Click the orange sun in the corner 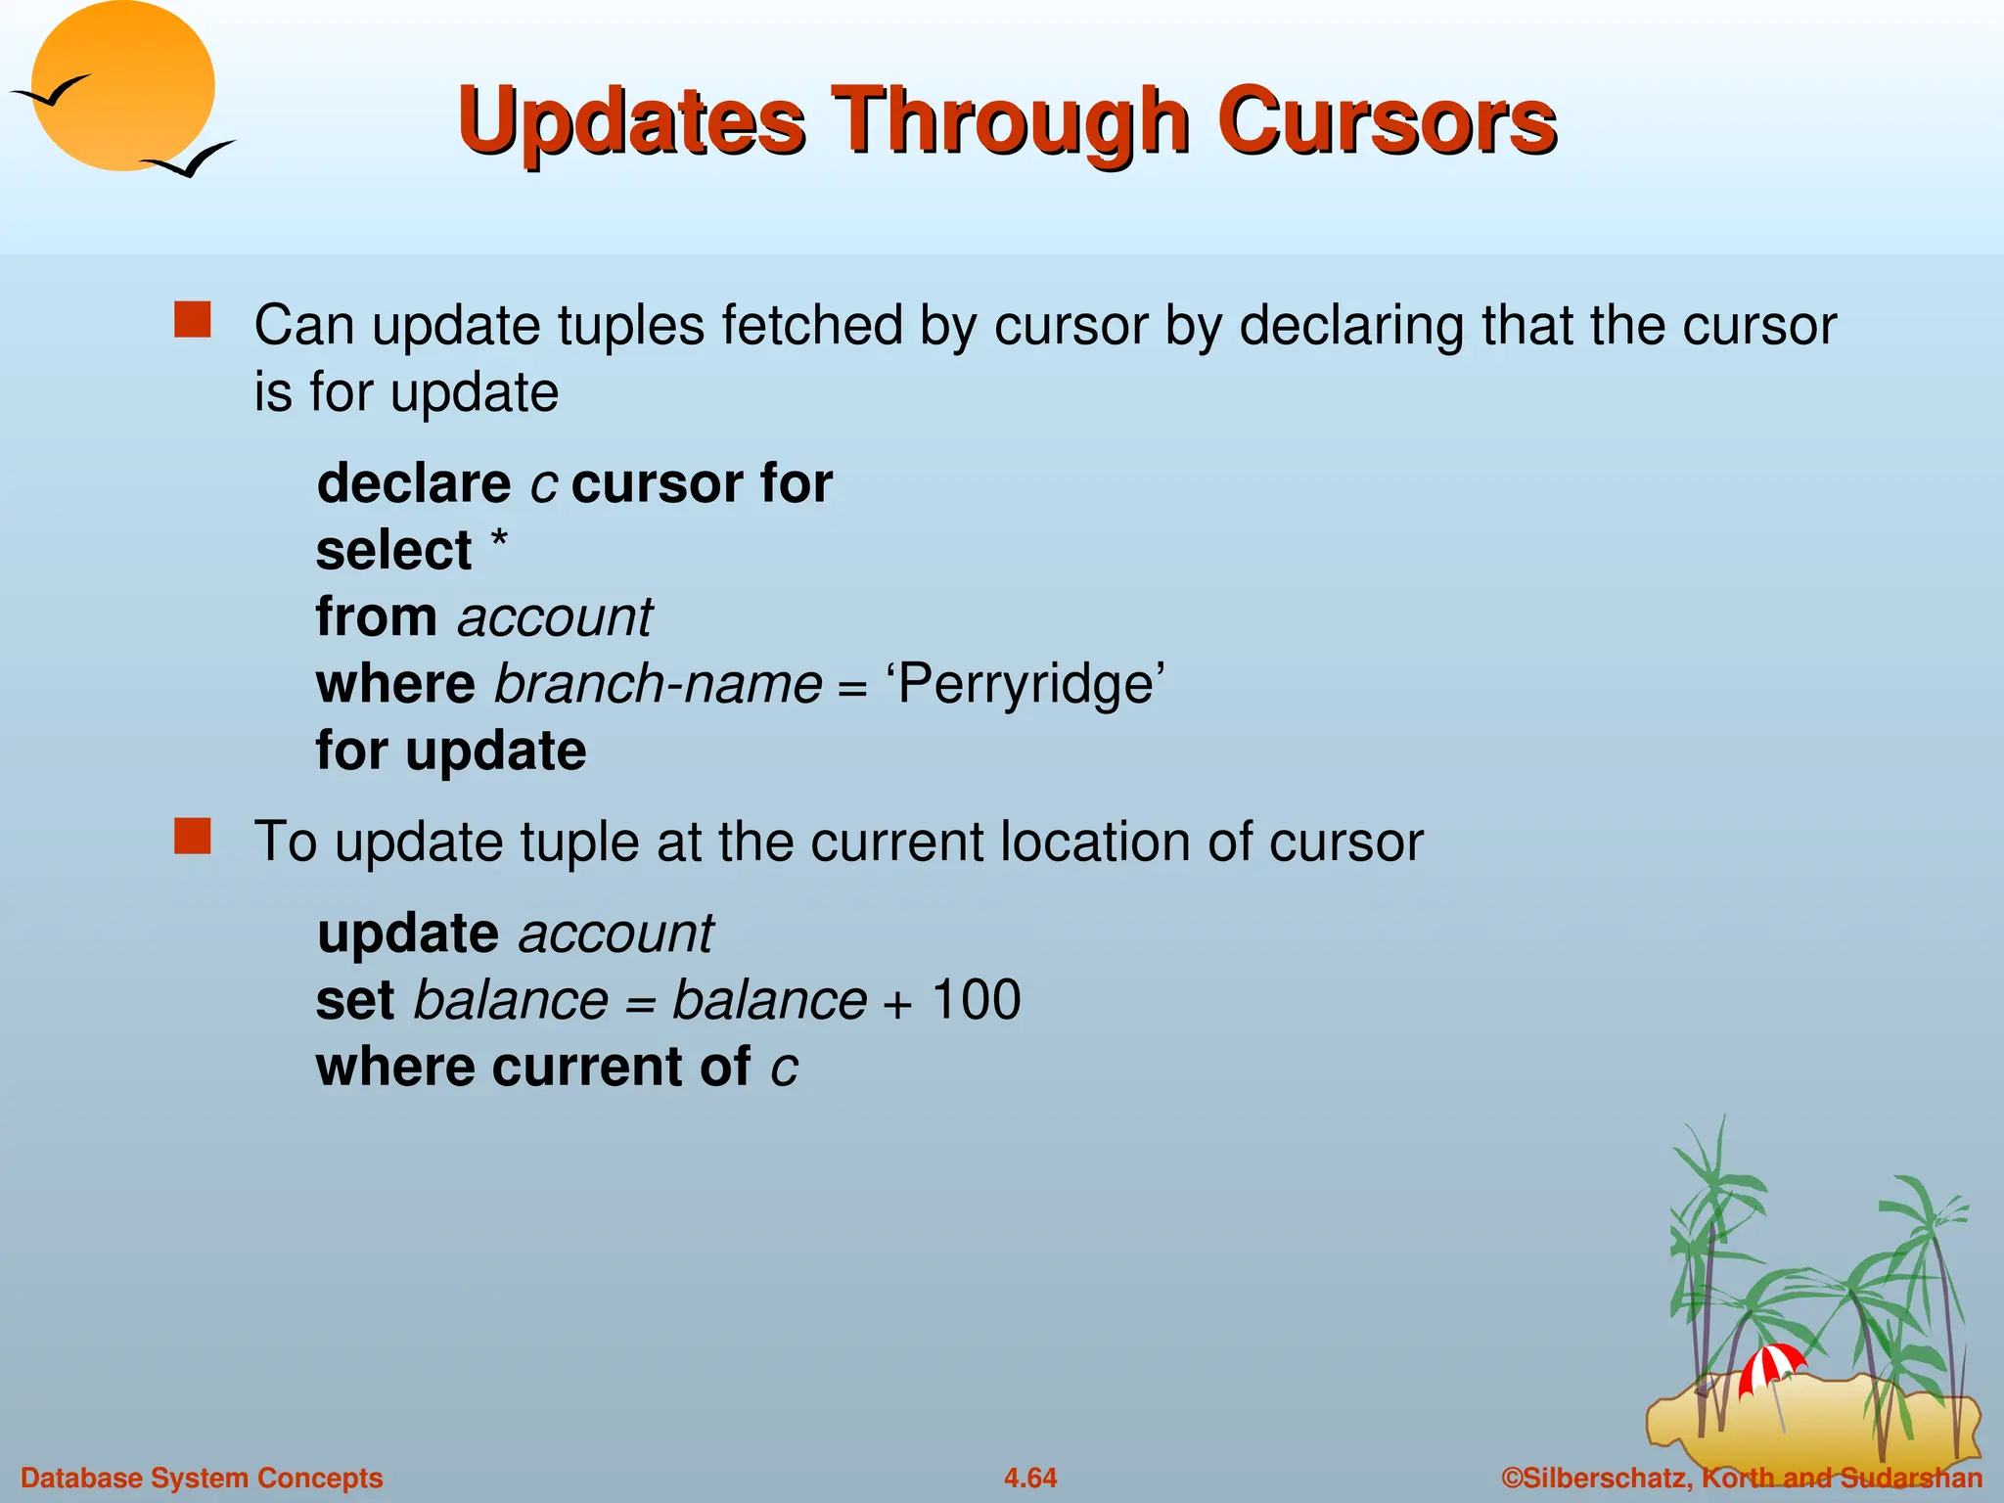[122, 86]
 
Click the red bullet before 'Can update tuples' [193, 320]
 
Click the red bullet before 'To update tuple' [193, 837]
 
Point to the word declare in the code [414, 483]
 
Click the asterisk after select [499, 540]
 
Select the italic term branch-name [658, 684]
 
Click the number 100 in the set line [976, 1000]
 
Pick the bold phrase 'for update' [451, 751]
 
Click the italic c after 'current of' [784, 1068]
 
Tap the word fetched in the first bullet [812, 325]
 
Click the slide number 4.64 [1030, 1478]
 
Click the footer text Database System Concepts [202, 1478]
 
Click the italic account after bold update [615, 934]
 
